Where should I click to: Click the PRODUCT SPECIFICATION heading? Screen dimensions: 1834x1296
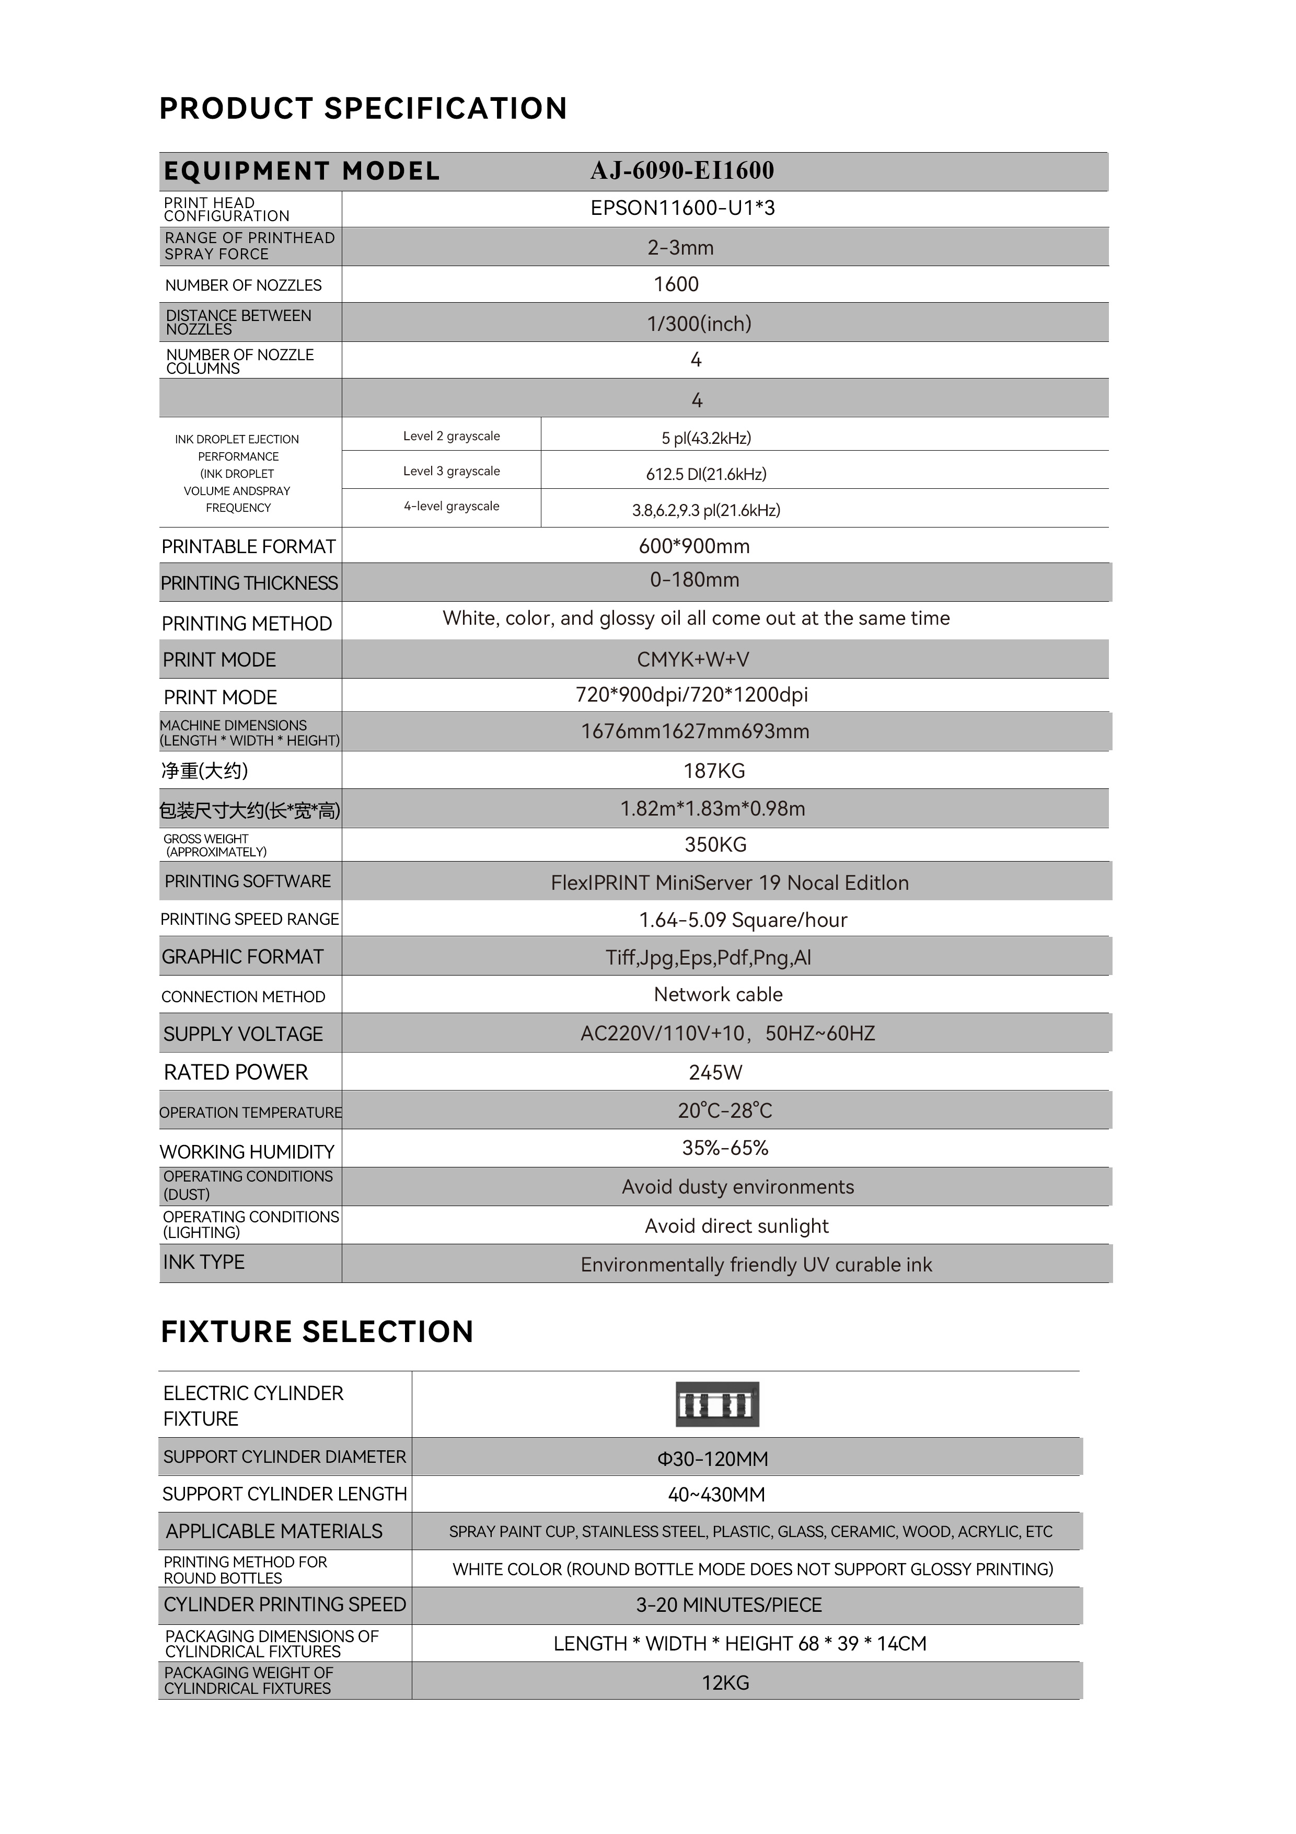(x=363, y=109)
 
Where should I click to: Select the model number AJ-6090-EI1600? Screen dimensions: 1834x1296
(x=682, y=170)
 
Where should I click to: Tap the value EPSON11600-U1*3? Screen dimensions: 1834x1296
(x=682, y=209)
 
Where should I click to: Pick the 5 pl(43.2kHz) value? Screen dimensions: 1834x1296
(x=706, y=438)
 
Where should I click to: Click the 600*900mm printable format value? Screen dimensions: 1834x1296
(x=694, y=546)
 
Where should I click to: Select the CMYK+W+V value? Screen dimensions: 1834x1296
(x=693, y=660)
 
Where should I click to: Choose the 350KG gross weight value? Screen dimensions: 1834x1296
(x=715, y=844)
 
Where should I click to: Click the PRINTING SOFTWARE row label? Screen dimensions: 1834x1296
(x=248, y=881)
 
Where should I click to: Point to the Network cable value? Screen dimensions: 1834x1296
(x=718, y=994)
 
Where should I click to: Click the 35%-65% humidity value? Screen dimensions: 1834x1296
(x=725, y=1148)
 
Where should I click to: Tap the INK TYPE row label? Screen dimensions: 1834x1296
(x=204, y=1262)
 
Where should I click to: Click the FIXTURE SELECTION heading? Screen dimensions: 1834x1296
(x=317, y=1332)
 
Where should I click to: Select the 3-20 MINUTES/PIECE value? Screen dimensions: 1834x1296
(x=728, y=1605)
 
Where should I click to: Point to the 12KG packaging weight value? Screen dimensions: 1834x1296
(x=725, y=1683)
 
